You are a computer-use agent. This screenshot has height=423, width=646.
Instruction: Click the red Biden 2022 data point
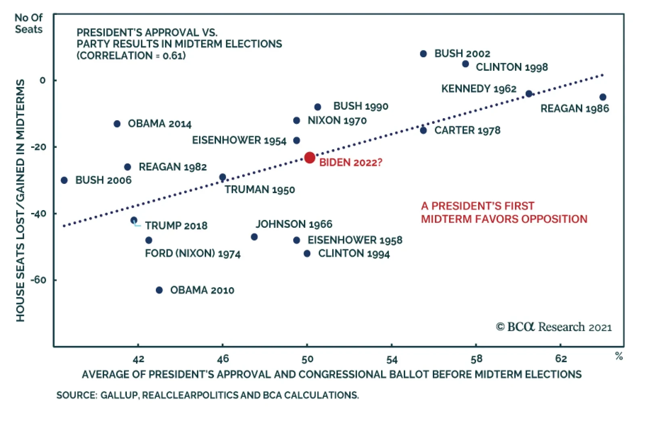pos(310,158)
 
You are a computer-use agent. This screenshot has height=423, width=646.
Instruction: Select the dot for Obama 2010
pos(159,290)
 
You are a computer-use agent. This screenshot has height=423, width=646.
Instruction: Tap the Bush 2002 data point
pos(423,54)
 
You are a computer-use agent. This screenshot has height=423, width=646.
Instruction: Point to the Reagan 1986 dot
pos(603,97)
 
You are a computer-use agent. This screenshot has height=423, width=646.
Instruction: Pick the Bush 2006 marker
pos(64,180)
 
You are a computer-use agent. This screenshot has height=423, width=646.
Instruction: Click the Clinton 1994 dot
pos(307,254)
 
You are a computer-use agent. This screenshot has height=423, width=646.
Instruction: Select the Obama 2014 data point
pos(117,124)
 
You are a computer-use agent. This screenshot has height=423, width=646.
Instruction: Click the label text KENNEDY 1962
pos(478,89)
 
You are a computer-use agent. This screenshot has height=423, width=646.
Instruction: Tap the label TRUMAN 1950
pos(260,190)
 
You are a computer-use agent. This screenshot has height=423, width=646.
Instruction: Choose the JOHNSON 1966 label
pos(294,224)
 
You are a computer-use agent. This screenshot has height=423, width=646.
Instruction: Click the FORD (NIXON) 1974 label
pos(193,254)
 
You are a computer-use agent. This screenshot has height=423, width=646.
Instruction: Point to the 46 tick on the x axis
pos(222,359)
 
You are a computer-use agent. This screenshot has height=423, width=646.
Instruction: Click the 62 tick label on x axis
pos(560,359)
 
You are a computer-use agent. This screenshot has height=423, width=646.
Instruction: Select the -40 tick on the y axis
pos(38,214)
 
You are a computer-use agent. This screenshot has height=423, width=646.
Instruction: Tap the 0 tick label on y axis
pos(42,81)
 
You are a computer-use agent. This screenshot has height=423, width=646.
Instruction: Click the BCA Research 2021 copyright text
pos(554,327)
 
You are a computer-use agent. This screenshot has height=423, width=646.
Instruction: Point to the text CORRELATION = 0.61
pos(131,56)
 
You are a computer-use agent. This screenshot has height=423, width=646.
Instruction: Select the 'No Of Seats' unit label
pos(28,23)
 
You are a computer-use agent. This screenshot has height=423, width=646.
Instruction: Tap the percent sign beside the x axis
pos(619,356)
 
